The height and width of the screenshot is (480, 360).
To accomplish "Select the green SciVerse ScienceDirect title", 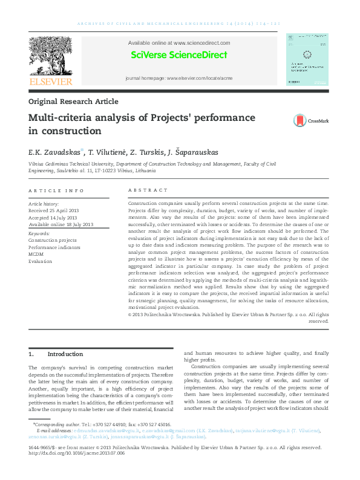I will [x=179, y=55].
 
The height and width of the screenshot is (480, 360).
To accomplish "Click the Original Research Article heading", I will [x=73, y=102].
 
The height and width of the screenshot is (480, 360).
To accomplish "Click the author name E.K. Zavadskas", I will [x=54, y=151].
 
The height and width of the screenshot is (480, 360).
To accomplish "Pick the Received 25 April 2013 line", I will [x=54, y=210].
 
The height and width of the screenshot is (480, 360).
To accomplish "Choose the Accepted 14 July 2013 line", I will [x=53, y=218].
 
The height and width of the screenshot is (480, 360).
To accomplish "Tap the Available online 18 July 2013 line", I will [x=61, y=224].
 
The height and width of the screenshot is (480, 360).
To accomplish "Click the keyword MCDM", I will [x=36, y=254].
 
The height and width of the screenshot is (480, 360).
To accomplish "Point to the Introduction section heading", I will [x=65, y=354].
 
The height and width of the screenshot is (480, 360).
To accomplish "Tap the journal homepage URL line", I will [x=178, y=79].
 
